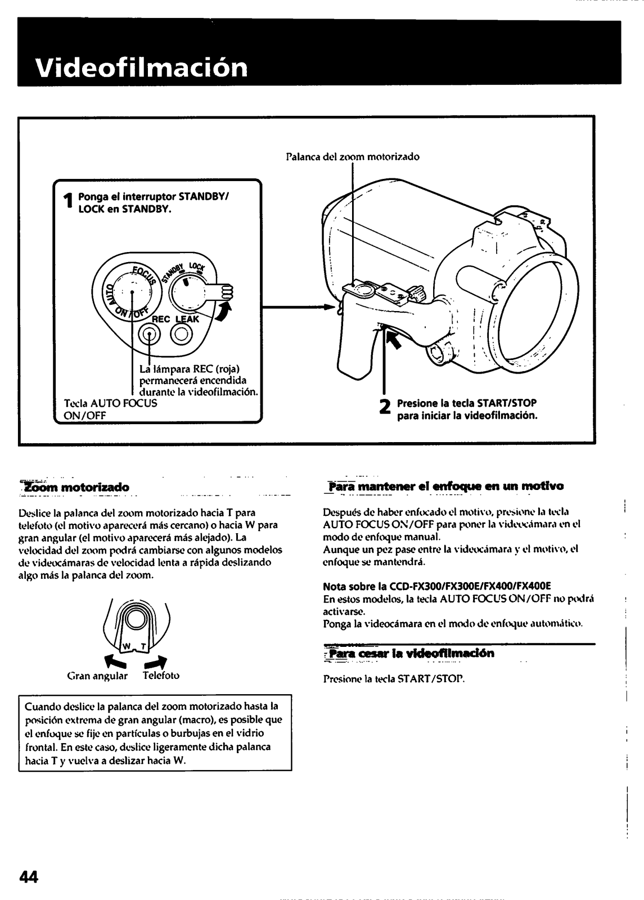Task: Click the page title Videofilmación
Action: click(x=141, y=67)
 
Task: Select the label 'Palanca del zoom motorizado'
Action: click(x=352, y=157)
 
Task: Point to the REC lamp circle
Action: click(x=150, y=335)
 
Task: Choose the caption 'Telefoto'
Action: click(x=161, y=676)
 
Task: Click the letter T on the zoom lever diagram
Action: click(x=143, y=646)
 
